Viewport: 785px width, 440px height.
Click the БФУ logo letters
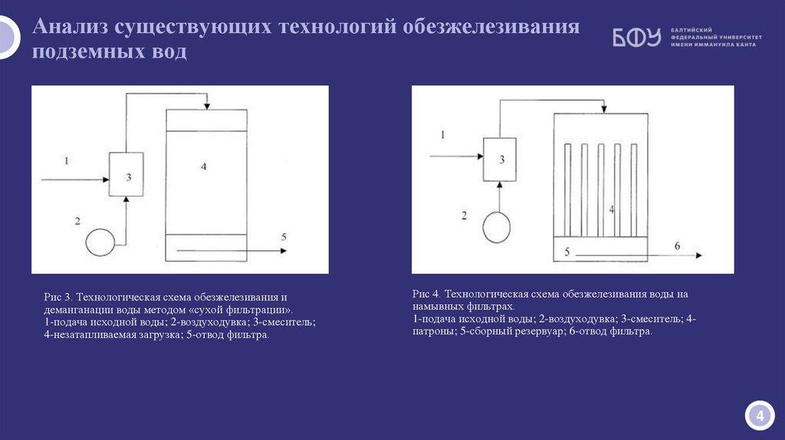(636, 38)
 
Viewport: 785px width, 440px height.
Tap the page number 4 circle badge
(759, 416)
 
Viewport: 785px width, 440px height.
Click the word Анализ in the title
(71, 28)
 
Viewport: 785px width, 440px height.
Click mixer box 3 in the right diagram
(500, 159)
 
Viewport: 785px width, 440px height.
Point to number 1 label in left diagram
(67, 161)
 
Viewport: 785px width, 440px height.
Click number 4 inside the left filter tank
(204, 166)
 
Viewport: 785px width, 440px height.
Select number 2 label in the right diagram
(464, 215)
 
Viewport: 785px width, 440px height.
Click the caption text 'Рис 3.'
(58, 297)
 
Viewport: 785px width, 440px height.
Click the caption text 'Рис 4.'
(426, 294)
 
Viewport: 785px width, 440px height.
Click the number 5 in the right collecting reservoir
(567, 251)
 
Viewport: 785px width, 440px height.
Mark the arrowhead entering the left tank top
(206, 106)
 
